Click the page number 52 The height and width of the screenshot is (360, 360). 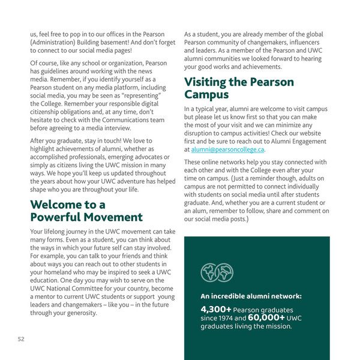click(x=20, y=339)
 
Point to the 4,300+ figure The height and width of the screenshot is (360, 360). click(x=217, y=309)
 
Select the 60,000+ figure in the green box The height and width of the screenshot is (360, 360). click(x=267, y=318)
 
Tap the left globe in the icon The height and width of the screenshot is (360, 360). click(x=209, y=273)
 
